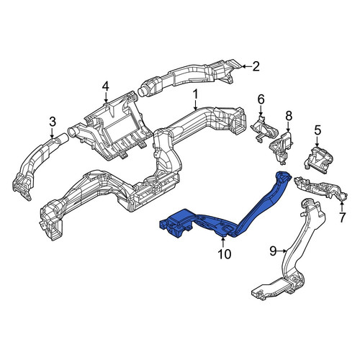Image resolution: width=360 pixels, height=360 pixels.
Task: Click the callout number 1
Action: pos(196,94)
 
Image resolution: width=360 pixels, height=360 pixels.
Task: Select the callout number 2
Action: pos(256,66)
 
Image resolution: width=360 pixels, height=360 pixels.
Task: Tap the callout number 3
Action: pos(53,122)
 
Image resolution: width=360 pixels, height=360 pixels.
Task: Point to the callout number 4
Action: pos(106,86)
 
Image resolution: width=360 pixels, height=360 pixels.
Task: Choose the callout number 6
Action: pos(261,99)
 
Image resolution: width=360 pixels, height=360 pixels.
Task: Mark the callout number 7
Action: pos(342,217)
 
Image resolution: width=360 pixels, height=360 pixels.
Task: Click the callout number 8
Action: pos(289,116)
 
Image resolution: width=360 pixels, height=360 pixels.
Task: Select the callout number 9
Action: pos(274,251)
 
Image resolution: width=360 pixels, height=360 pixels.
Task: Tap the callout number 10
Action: pos(225,254)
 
